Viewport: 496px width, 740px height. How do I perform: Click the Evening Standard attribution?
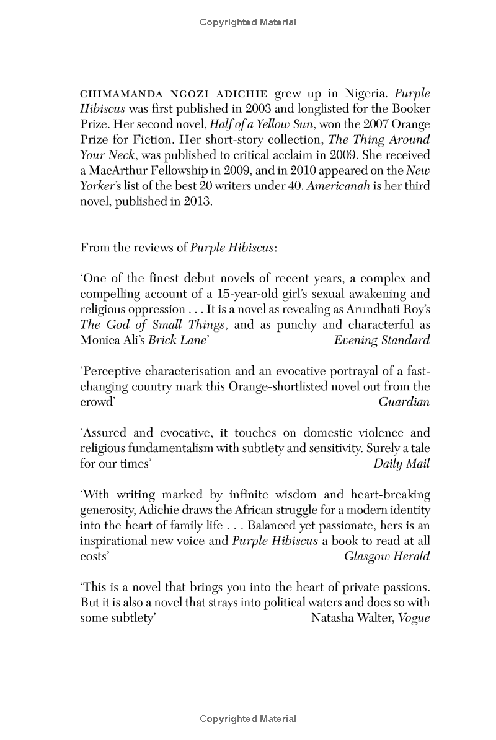pyautogui.click(x=381, y=339)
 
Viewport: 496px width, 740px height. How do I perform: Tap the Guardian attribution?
pyautogui.click(x=404, y=401)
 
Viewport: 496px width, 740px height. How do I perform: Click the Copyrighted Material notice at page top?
pyautogui.click(x=248, y=22)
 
